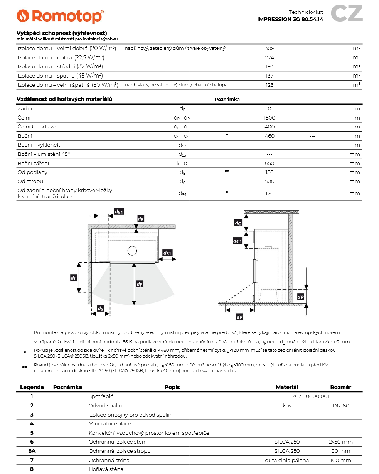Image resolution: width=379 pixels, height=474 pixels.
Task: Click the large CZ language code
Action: pos(347,13)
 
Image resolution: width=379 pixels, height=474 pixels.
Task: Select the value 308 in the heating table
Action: pos(269,49)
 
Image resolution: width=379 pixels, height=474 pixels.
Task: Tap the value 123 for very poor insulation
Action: pos(269,85)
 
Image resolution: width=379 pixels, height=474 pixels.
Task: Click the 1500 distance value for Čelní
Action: pos(269,118)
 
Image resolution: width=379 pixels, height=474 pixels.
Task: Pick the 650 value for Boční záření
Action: pos(269,163)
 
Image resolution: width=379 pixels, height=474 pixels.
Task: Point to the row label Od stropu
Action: pos(30,181)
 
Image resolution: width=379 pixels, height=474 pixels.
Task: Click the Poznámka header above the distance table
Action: pos(227,100)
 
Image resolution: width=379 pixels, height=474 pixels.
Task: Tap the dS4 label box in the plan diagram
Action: pos(119,212)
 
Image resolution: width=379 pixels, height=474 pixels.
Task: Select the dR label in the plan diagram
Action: pos(140,219)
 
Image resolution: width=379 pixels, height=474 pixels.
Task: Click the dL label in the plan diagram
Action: pos(73,277)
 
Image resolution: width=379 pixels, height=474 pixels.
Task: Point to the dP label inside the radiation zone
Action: pos(140,284)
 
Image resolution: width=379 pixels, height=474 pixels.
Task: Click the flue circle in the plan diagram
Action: pos(132,251)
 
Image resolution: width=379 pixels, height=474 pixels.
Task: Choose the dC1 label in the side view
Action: pos(238,241)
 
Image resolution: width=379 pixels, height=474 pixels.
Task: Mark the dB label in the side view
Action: pos(301,297)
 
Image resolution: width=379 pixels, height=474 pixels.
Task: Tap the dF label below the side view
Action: pos(239,317)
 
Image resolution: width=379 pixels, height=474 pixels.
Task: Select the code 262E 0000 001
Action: pos(311,396)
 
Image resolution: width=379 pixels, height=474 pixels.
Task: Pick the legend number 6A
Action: pos(32,451)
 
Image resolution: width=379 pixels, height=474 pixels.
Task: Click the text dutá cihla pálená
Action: pos(287,460)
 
